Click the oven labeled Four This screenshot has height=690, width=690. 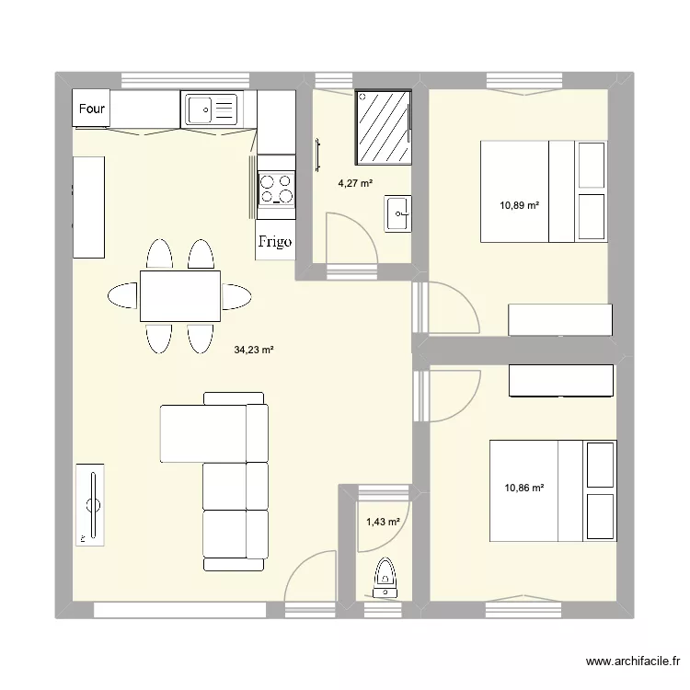coord(91,109)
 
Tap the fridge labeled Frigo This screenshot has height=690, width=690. coord(275,242)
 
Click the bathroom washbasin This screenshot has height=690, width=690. coord(398,215)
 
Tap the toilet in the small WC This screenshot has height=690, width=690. coord(384,580)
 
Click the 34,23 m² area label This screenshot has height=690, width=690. coord(254,350)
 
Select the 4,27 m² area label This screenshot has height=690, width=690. coord(356,183)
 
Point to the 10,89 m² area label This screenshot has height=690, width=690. coord(519,205)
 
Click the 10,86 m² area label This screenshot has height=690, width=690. coord(524,489)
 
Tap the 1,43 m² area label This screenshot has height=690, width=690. coord(384,523)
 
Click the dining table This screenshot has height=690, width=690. coord(180,296)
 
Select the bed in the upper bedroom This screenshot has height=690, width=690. coord(543,191)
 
